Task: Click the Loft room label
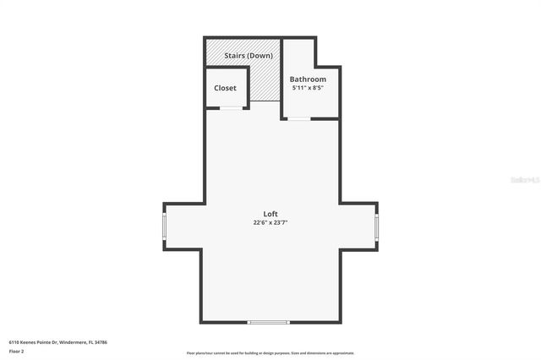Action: (x=270, y=214)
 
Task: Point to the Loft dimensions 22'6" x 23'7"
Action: (x=270, y=223)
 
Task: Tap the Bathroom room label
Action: (x=308, y=79)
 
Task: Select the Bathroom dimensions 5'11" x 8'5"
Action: (x=308, y=88)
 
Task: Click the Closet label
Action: (x=226, y=88)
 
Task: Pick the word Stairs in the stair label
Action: (x=236, y=56)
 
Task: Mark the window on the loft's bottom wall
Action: (x=268, y=322)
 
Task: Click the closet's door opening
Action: (x=229, y=108)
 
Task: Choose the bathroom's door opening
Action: (x=299, y=119)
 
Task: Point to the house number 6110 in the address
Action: (x=14, y=342)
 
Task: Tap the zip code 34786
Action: (x=101, y=342)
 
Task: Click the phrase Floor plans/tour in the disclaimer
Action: (x=199, y=353)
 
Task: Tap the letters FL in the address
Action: (x=90, y=342)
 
